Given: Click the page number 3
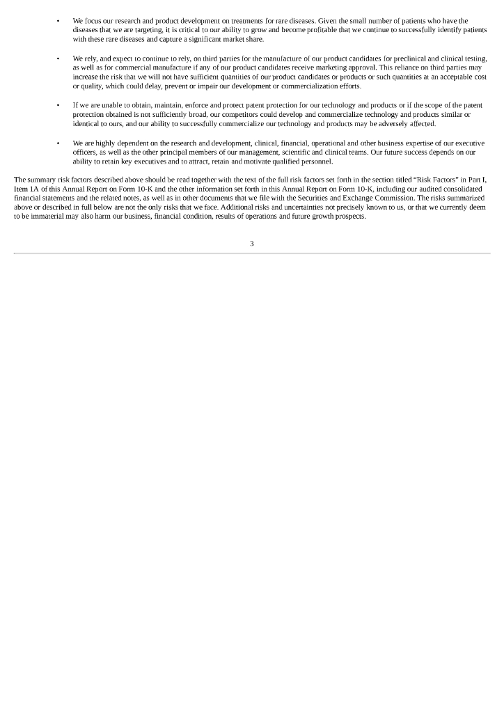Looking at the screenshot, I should click(x=252, y=243).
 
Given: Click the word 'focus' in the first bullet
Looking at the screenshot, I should click(x=94, y=21).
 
